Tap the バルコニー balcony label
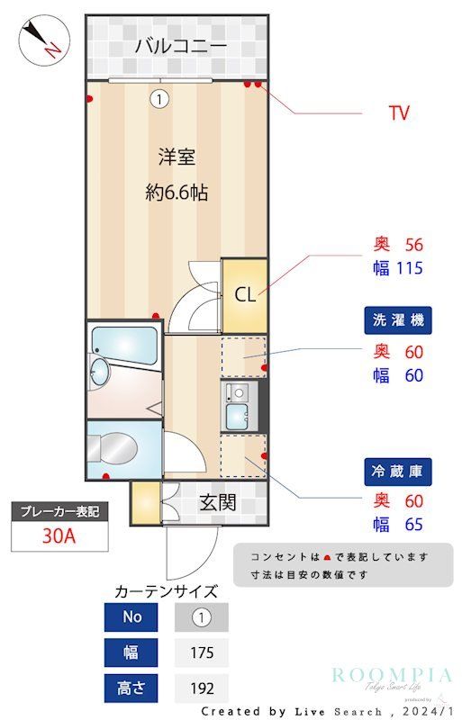(x=180, y=46)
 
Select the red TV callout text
(x=398, y=112)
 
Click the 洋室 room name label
(x=177, y=157)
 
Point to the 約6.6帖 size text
(x=177, y=192)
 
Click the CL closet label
(x=245, y=294)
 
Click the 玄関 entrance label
(x=218, y=501)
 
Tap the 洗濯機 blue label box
(x=397, y=319)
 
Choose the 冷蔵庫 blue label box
(x=397, y=469)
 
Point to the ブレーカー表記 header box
(x=59, y=511)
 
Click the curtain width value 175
(x=202, y=652)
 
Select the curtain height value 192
(x=202, y=688)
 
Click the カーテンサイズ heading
(x=167, y=591)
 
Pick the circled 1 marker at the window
(x=159, y=99)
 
